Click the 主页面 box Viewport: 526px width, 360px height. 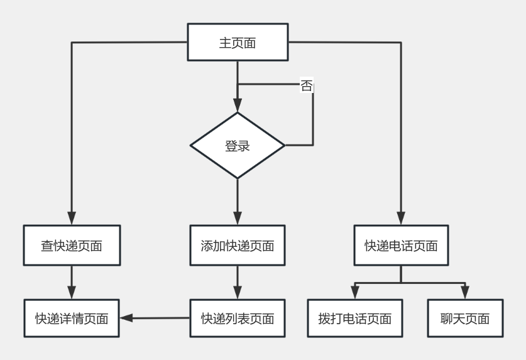tap(238, 43)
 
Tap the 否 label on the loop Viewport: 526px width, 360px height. tap(306, 86)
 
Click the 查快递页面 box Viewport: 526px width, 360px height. tap(71, 245)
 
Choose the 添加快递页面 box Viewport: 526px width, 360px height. tap(238, 245)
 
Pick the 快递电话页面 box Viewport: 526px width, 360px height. tap(401, 245)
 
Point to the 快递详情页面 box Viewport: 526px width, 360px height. tap(71, 319)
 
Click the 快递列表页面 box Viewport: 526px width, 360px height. tap(238, 319)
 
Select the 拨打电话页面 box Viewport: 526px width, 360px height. tap(355, 319)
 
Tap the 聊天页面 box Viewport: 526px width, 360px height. tap(465, 319)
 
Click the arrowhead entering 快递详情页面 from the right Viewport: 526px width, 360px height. tap(126, 319)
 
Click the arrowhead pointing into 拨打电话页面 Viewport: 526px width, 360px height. tap(355, 293)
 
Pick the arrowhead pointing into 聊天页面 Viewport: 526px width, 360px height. tap(465, 293)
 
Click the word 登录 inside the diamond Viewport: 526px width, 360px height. tap(238, 146)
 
